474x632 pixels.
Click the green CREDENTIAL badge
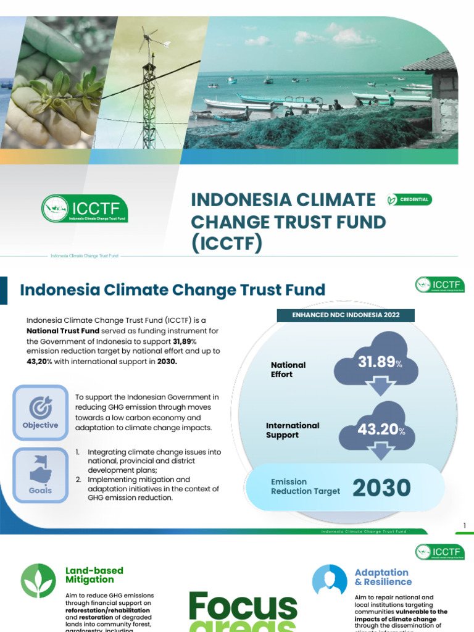409,199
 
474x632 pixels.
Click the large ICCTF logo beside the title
85,209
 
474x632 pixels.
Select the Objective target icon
41,407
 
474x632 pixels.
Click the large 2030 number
381,488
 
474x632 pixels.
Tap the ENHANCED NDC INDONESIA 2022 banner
345,315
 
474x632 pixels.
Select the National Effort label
288,370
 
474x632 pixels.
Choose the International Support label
293,430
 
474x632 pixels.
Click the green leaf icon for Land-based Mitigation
38,581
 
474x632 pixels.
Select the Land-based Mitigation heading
94,575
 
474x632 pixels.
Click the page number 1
465,526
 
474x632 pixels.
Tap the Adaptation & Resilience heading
383,577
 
